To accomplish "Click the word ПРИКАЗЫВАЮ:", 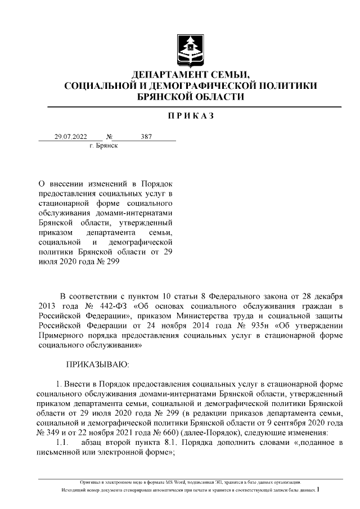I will pyautogui.click(x=98, y=365).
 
